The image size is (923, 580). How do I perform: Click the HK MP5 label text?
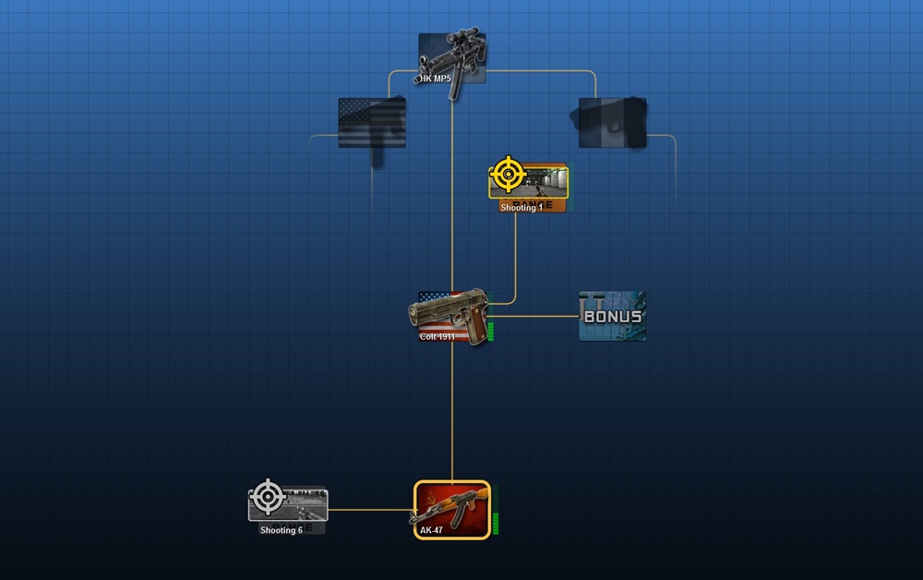[x=436, y=79]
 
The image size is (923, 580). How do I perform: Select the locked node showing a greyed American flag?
[x=371, y=123]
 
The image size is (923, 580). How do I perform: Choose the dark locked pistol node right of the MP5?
[x=612, y=123]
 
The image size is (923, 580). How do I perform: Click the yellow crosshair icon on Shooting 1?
[x=508, y=174]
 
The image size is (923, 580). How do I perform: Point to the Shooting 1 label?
[x=521, y=208]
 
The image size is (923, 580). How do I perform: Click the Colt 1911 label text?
[x=437, y=336]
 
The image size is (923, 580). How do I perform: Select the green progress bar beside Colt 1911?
[x=491, y=331]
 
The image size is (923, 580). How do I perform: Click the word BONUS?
[x=613, y=317]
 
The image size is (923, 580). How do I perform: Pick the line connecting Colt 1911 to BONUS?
[x=535, y=316]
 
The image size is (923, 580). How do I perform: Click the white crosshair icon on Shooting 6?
[x=268, y=497]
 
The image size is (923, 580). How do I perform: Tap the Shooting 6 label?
[x=281, y=530]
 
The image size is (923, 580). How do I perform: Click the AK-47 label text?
[x=432, y=530]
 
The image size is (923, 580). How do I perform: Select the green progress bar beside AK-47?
[x=496, y=522]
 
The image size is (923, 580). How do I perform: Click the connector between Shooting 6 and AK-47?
[x=369, y=509]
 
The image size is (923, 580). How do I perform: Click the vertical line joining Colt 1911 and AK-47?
[x=452, y=416]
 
